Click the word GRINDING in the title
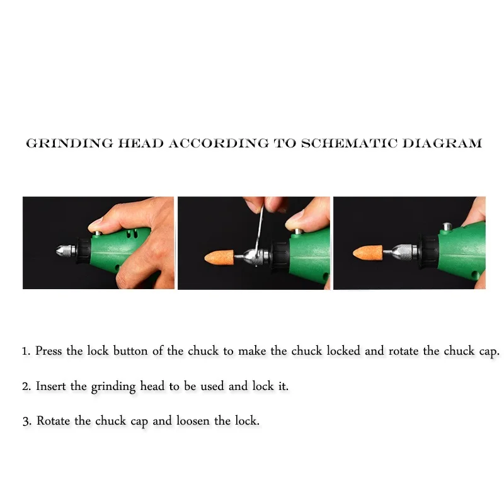point(70,144)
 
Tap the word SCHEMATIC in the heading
point(349,144)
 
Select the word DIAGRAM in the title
point(442,144)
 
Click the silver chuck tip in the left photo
point(66,250)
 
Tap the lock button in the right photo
point(446,227)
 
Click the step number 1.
point(26,352)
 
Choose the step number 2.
point(26,386)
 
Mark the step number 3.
point(26,421)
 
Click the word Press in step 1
point(49,351)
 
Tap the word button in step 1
point(130,351)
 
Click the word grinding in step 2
point(113,387)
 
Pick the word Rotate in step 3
point(53,421)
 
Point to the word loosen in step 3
point(193,421)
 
